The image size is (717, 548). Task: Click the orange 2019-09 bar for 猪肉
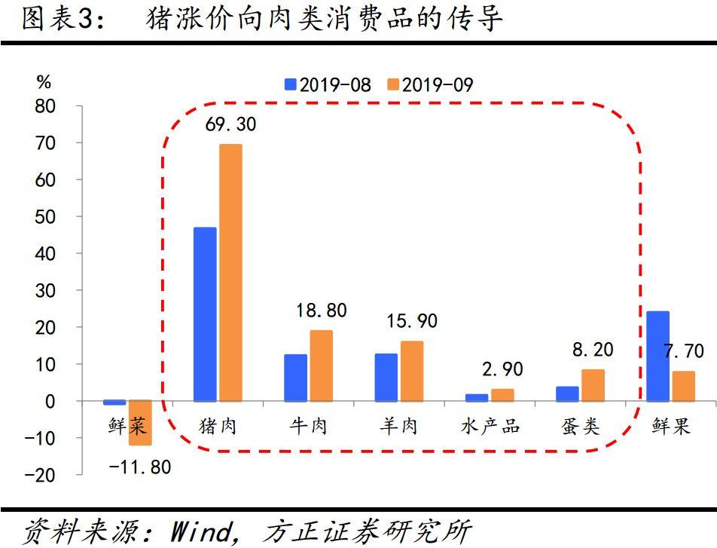pos(230,273)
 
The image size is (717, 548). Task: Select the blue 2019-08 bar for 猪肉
pos(205,314)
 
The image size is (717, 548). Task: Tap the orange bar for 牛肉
pos(321,366)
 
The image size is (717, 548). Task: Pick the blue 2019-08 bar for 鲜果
pos(658,356)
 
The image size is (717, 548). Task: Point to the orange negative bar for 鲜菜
pos(140,423)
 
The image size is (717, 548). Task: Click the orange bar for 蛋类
pos(593,385)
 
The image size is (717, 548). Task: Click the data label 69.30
pos(230,124)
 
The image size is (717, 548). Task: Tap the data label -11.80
pos(140,467)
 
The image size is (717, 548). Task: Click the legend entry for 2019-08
pos(328,84)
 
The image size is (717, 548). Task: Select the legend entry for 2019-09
pos(429,84)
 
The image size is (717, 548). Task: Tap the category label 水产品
pos(490,426)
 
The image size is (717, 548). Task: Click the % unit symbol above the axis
pos(44,82)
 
